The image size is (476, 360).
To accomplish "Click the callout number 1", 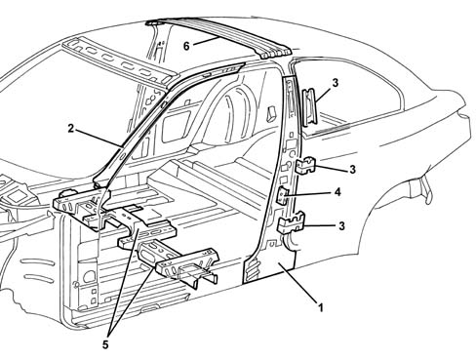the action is (x=321, y=307).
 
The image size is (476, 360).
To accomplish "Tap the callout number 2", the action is (x=71, y=129).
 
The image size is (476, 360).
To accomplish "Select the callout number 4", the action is (x=337, y=192).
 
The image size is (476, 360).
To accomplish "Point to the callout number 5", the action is (x=105, y=344).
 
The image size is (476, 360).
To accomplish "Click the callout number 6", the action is (x=186, y=46).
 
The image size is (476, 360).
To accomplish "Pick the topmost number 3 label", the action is (x=336, y=83).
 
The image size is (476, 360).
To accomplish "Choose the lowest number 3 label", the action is (x=341, y=225).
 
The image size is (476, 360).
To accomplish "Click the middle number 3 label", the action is (x=352, y=170).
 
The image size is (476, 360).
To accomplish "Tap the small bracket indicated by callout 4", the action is (x=282, y=195).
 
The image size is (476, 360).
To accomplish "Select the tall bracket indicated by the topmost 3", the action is (x=309, y=107).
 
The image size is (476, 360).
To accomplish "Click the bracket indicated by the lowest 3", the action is (x=291, y=222).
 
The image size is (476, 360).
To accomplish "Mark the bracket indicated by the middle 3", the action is (x=305, y=166).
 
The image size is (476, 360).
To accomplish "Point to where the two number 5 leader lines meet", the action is (x=110, y=329).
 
